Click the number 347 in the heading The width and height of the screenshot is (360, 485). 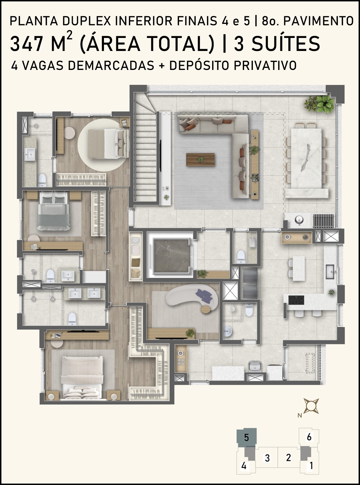(x=26, y=44)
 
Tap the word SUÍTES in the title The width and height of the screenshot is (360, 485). (x=286, y=43)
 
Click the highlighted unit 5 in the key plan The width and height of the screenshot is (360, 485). (x=247, y=438)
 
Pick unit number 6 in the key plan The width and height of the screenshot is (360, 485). (x=309, y=437)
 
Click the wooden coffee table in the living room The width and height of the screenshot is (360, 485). (x=200, y=160)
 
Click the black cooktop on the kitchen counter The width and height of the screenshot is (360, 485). (x=296, y=300)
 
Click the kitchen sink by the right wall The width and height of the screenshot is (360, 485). (x=330, y=272)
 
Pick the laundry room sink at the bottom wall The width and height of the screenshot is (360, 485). (x=255, y=366)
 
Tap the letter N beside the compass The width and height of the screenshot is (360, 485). (x=300, y=415)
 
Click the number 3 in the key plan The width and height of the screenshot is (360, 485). (x=267, y=458)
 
